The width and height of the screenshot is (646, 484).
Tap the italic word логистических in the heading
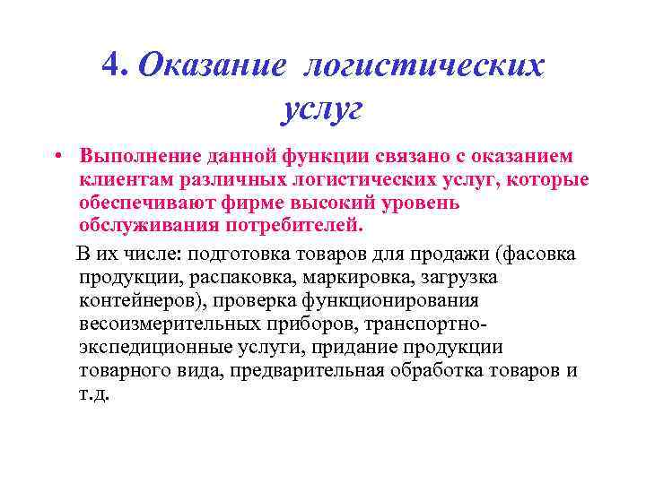[423, 64]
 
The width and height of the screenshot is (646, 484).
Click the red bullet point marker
[56, 154]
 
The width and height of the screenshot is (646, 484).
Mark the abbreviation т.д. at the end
[94, 393]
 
